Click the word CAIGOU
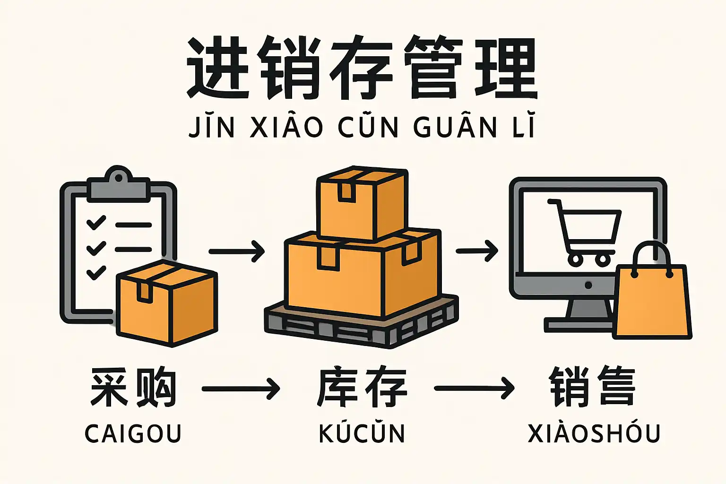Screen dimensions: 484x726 tap(133, 433)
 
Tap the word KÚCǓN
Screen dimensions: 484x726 tap(362, 433)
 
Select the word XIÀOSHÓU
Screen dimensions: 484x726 tap(594, 433)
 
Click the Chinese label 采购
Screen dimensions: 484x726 tap(133, 388)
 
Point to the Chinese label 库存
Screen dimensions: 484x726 tap(362, 388)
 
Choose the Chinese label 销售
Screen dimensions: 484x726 tap(592, 388)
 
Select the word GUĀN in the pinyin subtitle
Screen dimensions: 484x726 tap(455, 127)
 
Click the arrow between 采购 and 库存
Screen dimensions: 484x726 tap(241, 389)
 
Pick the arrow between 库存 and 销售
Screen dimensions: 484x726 tap(474, 389)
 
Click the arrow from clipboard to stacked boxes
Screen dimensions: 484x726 tap(236, 251)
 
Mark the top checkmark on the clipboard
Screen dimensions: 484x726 tap(96, 222)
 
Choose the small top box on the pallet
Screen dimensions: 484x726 tap(362, 203)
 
